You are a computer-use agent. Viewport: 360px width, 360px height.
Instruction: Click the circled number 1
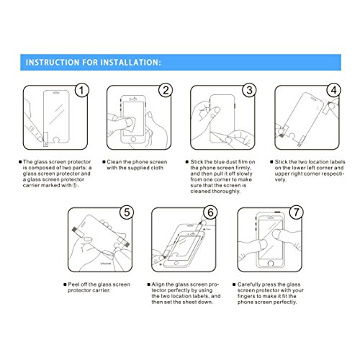click(82, 91)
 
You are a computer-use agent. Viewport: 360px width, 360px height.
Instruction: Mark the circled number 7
click(294, 213)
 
